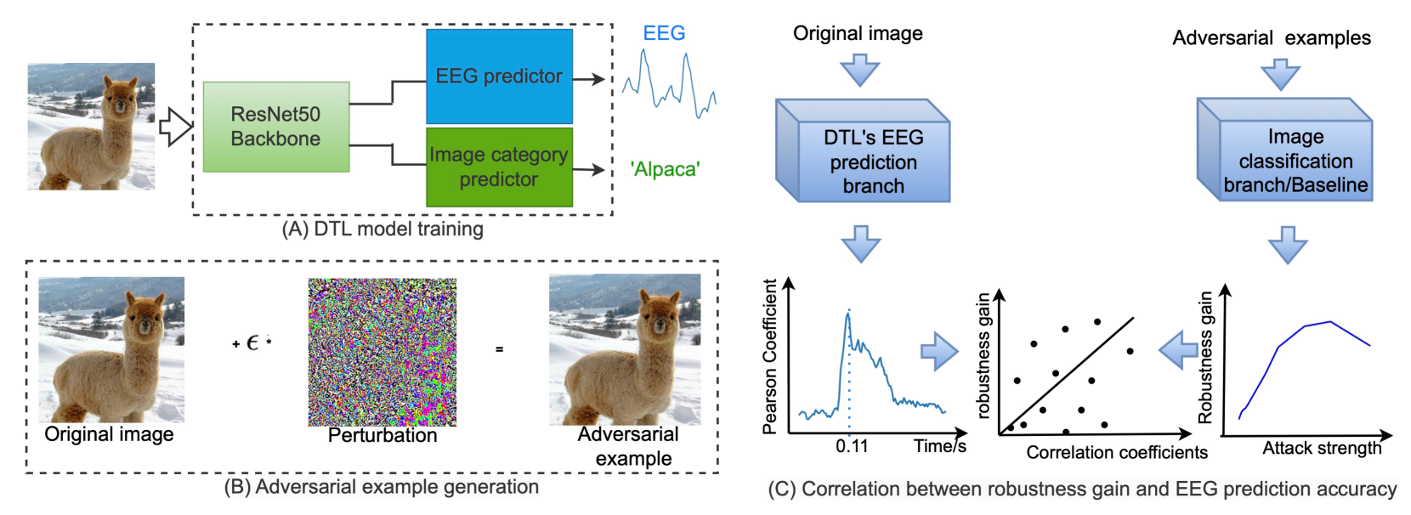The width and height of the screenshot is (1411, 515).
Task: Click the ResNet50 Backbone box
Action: click(x=276, y=127)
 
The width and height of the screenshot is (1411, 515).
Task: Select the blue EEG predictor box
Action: click(x=499, y=76)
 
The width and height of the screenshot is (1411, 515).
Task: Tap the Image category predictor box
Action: click(x=499, y=167)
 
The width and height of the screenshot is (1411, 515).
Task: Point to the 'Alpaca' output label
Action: click(x=665, y=169)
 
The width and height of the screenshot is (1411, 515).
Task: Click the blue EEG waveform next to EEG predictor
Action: click(x=669, y=84)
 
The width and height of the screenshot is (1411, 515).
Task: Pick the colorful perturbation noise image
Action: click(x=382, y=352)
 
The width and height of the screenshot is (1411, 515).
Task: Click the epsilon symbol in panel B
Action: click(x=252, y=342)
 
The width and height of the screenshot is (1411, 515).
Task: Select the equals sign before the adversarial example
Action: click(x=499, y=349)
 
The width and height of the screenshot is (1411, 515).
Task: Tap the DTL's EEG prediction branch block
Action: click(x=872, y=161)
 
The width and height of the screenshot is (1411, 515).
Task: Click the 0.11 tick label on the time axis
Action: click(x=852, y=446)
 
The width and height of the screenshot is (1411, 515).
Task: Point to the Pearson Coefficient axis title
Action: click(x=770, y=357)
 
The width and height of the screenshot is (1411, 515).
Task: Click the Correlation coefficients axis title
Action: click(x=1116, y=452)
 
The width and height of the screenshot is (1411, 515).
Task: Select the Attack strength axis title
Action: click(x=1321, y=448)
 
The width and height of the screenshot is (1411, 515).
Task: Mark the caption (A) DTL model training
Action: click(x=382, y=229)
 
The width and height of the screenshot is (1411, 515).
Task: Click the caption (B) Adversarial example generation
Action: click(x=381, y=487)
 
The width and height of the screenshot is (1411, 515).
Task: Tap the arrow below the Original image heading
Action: click(x=859, y=70)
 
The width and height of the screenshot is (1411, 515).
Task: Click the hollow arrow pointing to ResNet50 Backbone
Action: click(x=176, y=127)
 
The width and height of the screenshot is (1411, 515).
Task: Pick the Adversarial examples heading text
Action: click(x=1271, y=38)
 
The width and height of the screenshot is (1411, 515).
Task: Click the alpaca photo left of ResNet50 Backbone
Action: click(x=91, y=126)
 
